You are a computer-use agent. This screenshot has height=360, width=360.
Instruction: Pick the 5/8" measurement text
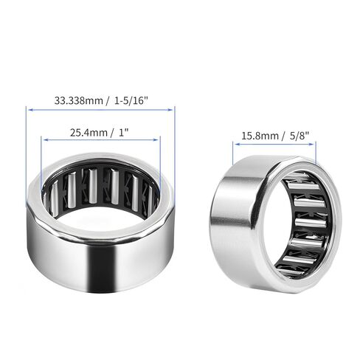point(299,135)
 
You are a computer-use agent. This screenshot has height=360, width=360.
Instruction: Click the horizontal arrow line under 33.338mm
point(100,110)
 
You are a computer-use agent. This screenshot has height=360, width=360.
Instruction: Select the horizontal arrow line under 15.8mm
point(274,145)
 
